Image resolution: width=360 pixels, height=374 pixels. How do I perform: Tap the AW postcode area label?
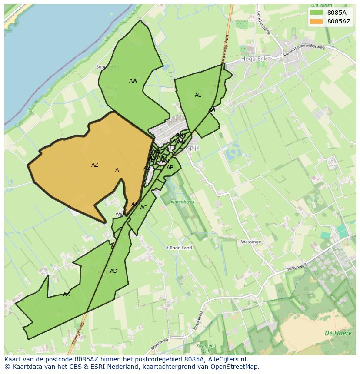tap(133, 81)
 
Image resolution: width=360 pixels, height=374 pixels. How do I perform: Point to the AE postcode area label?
tap(198, 95)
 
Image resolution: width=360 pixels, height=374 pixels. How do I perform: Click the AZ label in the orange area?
tap(95, 165)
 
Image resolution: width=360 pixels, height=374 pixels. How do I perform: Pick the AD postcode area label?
tap(113, 271)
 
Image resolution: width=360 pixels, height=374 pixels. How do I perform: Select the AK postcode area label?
tap(67, 295)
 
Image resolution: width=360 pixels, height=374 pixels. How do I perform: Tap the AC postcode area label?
tap(143, 208)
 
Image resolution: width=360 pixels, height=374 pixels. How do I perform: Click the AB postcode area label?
tap(170, 168)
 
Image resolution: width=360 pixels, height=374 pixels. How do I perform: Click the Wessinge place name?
tap(251, 242)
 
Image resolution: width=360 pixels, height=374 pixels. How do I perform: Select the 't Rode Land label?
tap(179, 248)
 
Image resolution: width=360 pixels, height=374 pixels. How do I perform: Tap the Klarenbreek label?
tap(183, 202)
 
